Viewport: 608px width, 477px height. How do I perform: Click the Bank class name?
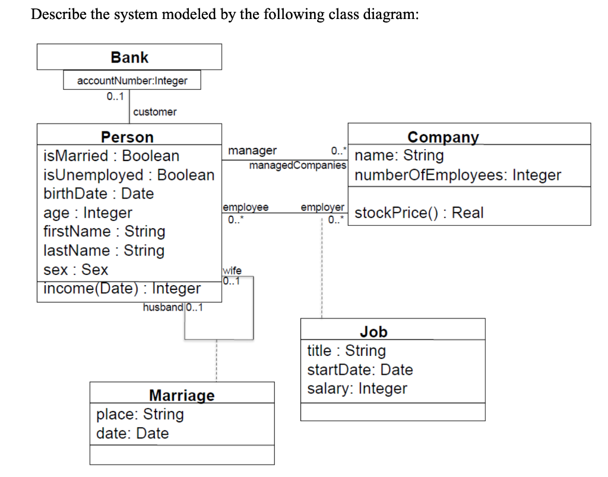point(129,58)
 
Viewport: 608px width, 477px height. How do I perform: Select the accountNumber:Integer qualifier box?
point(132,81)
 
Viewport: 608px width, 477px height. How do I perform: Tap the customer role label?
point(154,112)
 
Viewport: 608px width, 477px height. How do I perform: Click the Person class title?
point(127,137)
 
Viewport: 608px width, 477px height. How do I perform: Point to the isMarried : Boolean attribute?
point(111,156)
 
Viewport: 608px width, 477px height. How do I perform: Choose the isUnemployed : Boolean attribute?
point(129,175)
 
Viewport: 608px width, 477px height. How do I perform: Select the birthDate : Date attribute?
point(99,194)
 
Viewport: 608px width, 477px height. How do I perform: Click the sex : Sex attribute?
point(76,270)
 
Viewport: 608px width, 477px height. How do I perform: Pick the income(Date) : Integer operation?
point(122,289)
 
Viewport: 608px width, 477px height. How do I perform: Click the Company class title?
point(443,137)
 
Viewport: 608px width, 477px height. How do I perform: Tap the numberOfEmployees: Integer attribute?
point(458,175)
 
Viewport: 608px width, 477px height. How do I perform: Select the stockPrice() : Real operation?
point(419,213)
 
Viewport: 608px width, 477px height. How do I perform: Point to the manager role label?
point(252,151)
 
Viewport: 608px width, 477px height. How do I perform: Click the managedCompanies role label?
point(297,165)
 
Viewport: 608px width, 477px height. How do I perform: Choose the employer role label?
point(322,207)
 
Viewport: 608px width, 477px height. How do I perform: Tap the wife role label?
point(232,270)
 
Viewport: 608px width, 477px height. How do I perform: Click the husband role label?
point(163,307)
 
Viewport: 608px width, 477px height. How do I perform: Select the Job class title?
point(373,332)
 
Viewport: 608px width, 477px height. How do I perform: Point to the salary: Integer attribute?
point(357,389)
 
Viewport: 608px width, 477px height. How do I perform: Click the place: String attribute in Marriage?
point(140,415)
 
